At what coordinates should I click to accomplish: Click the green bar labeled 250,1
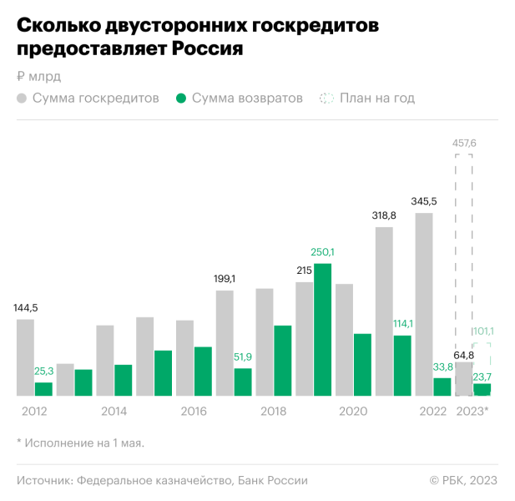tap(322, 329)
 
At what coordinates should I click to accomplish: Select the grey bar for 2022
tap(424, 304)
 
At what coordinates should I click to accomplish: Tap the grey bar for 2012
tap(25, 357)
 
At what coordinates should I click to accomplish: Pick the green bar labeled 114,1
tap(402, 365)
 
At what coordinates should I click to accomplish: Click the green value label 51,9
tap(243, 357)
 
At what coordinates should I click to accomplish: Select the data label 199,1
tap(224, 279)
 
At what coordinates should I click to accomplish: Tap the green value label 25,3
tap(43, 371)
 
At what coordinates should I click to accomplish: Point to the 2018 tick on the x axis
tap(273, 412)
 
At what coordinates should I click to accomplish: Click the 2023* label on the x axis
tap(472, 412)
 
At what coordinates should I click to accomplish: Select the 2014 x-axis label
tap(114, 412)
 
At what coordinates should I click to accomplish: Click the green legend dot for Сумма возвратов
tap(181, 99)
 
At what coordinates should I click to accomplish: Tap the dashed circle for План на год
tap(326, 99)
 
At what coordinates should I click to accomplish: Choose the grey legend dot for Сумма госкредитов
tap(22, 99)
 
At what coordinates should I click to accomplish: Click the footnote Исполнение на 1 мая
tap(83, 443)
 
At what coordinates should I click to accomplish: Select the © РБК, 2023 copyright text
tap(463, 480)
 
